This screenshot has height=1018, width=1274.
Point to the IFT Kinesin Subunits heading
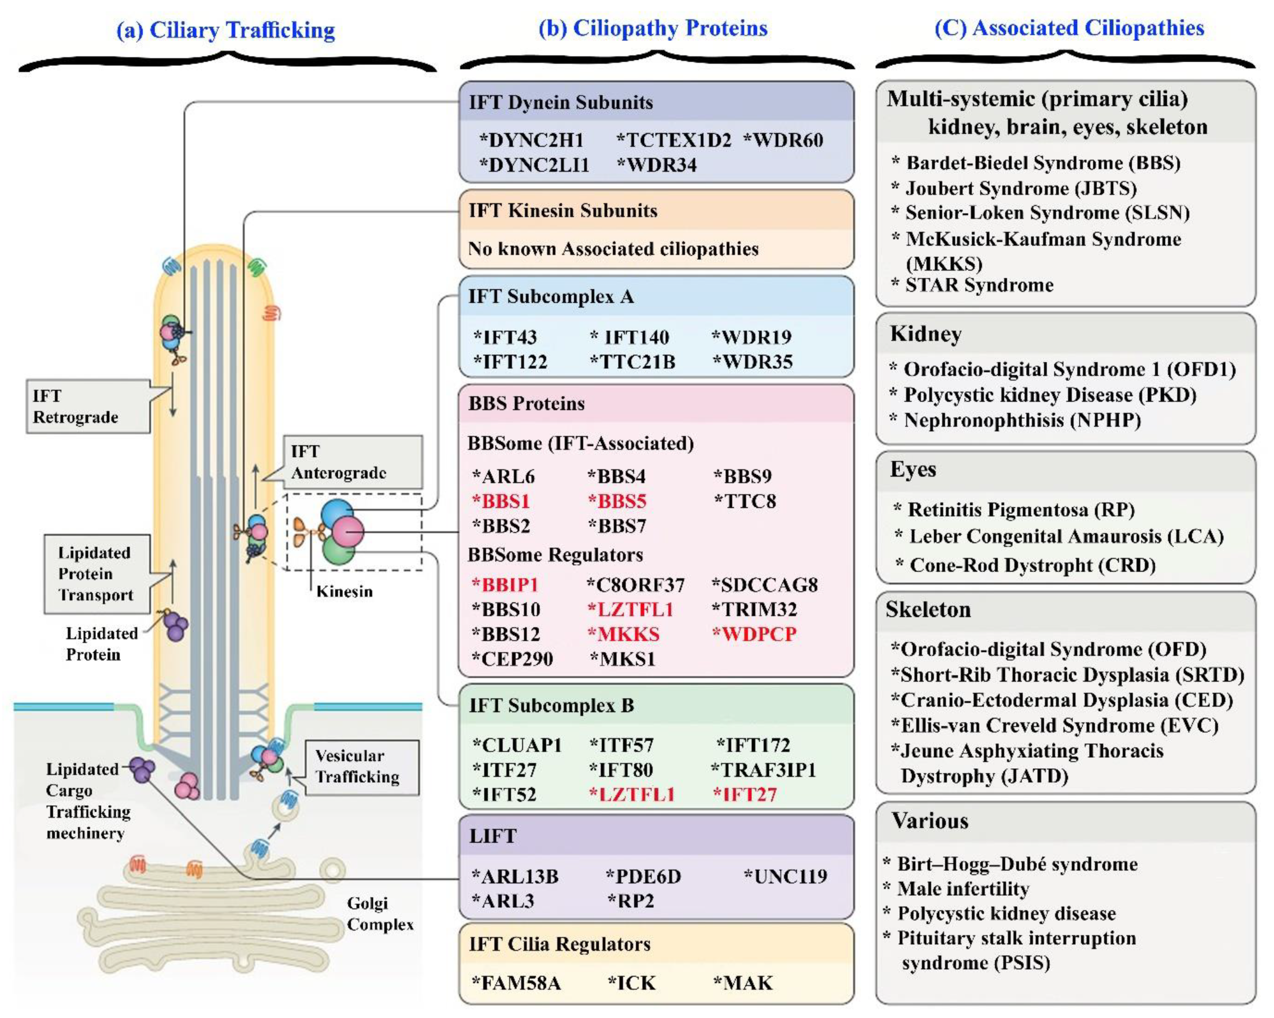563,211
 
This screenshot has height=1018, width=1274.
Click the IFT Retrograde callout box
87,407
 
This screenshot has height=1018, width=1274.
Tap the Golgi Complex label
379,913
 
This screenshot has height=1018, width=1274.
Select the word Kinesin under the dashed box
345,592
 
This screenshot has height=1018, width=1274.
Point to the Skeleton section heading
928,610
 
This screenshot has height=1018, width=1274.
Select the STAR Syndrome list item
979,285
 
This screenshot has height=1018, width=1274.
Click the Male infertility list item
963,889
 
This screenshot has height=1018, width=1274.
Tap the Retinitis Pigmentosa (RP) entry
1020,509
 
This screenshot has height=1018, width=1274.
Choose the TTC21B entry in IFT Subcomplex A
633,362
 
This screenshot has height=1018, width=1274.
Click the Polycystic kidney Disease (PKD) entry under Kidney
1049,395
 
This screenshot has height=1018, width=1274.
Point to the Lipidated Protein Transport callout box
96,574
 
